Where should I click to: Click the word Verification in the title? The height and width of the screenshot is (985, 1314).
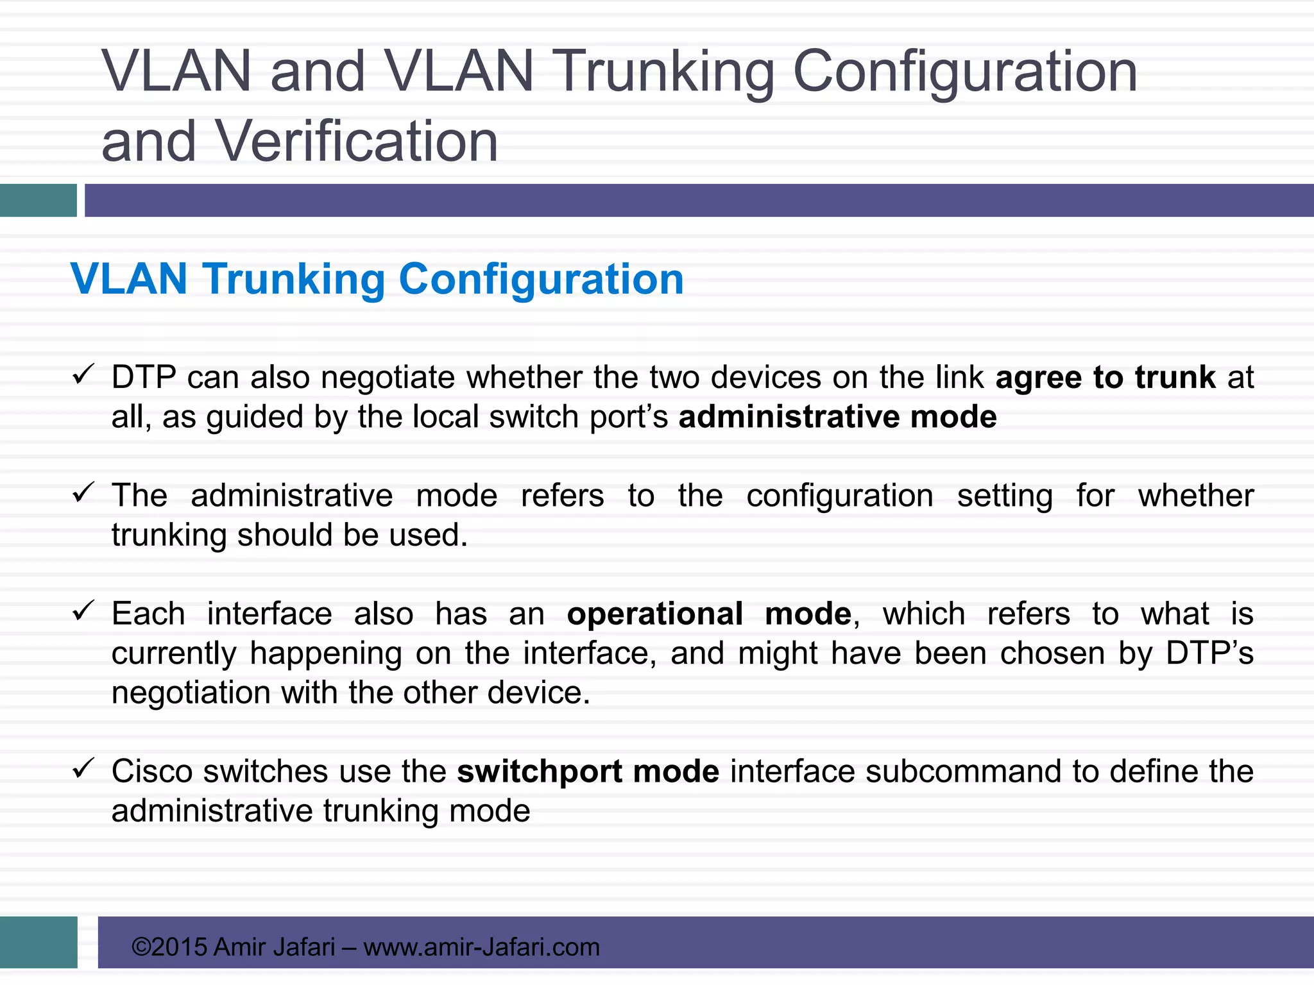click(357, 142)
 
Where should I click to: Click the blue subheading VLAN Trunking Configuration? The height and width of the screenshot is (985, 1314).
click(377, 279)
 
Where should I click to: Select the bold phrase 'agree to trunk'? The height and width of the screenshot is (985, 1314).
click(1105, 377)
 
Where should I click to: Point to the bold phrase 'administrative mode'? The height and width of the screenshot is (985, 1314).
click(837, 417)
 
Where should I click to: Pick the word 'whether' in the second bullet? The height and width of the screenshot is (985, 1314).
click(1195, 496)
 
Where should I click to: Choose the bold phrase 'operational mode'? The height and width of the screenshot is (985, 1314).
click(709, 614)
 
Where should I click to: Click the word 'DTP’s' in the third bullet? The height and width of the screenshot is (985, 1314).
click(1209, 653)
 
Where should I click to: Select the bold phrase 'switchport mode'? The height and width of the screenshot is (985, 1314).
click(588, 771)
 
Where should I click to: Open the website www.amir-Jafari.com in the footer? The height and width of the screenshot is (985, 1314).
click(481, 947)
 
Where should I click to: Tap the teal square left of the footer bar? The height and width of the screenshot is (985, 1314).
click(38, 942)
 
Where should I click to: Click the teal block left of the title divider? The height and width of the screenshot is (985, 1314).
click(38, 200)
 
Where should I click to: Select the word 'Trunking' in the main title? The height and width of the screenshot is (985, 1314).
click(663, 72)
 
